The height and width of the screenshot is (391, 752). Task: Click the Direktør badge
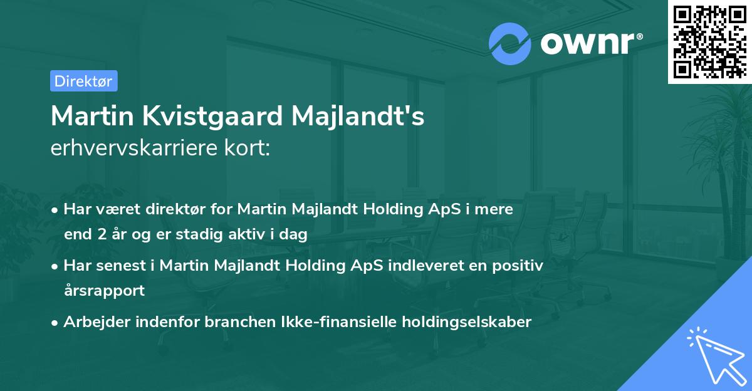pos(83,81)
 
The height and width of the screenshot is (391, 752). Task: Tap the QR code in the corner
pos(709,41)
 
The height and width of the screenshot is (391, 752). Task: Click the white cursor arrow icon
pos(715,354)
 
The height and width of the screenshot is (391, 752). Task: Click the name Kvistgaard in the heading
pos(204,117)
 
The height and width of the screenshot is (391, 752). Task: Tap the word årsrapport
pos(104,290)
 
